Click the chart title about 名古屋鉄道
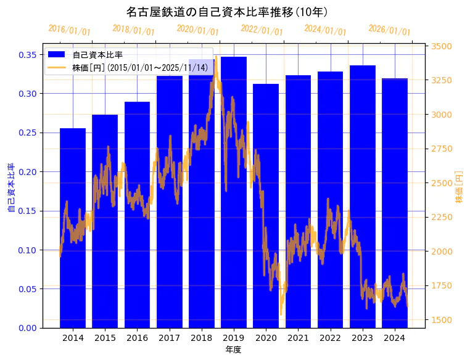click(x=226, y=12)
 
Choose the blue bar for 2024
click(x=395, y=203)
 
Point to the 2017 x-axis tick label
click(x=170, y=338)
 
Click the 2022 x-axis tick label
click(x=331, y=338)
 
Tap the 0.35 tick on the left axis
click(x=28, y=55)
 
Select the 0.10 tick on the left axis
click(x=28, y=250)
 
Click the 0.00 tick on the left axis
click(x=28, y=328)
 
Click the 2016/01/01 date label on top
click(x=69, y=30)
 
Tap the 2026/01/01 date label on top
click(x=389, y=30)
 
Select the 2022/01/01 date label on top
click(x=262, y=30)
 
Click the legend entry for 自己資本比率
click(x=97, y=55)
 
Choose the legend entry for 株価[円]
click(x=139, y=67)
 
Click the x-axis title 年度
click(x=233, y=350)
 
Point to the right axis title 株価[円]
click(x=459, y=187)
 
